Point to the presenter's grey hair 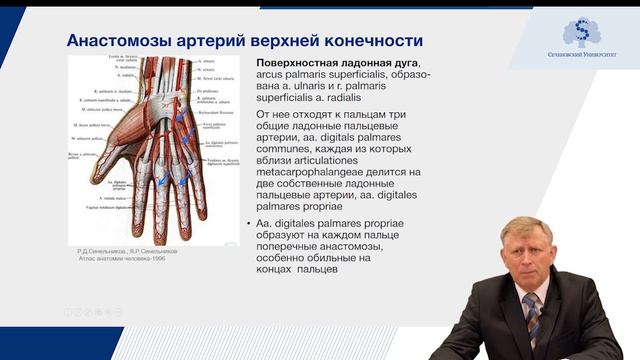point(526,229)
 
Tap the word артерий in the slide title point(218,41)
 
